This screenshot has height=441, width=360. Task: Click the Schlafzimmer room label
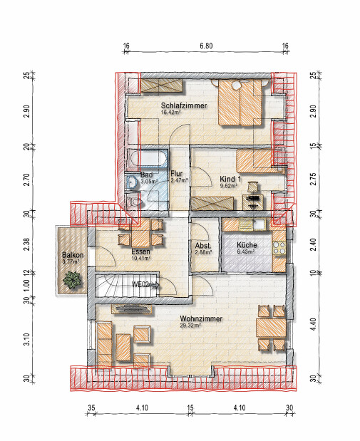point(184,105)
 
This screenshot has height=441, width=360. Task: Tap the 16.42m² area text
point(170,113)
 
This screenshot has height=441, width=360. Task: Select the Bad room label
point(146,175)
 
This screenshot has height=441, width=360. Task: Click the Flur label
point(177,174)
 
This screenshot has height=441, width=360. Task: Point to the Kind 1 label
point(230,179)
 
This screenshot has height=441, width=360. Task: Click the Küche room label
point(247,244)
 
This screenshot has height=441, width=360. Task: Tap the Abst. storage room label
point(203,246)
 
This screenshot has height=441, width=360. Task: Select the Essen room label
point(140,251)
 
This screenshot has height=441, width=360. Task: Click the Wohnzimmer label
point(201,319)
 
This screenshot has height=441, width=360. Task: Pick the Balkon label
point(73,255)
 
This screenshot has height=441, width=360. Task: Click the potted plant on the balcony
point(73,279)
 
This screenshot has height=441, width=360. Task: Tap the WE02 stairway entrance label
point(140,285)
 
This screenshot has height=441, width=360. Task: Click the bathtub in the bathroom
point(146,159)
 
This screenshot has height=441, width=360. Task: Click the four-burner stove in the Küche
point(279,248)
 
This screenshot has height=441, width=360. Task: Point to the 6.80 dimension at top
point(206,46)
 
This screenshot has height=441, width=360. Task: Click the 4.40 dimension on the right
point(314,324)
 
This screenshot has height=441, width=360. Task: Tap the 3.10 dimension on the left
point(26,339)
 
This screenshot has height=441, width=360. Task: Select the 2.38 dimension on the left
point(26,244)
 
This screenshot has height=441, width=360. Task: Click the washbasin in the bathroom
point(131,182)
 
